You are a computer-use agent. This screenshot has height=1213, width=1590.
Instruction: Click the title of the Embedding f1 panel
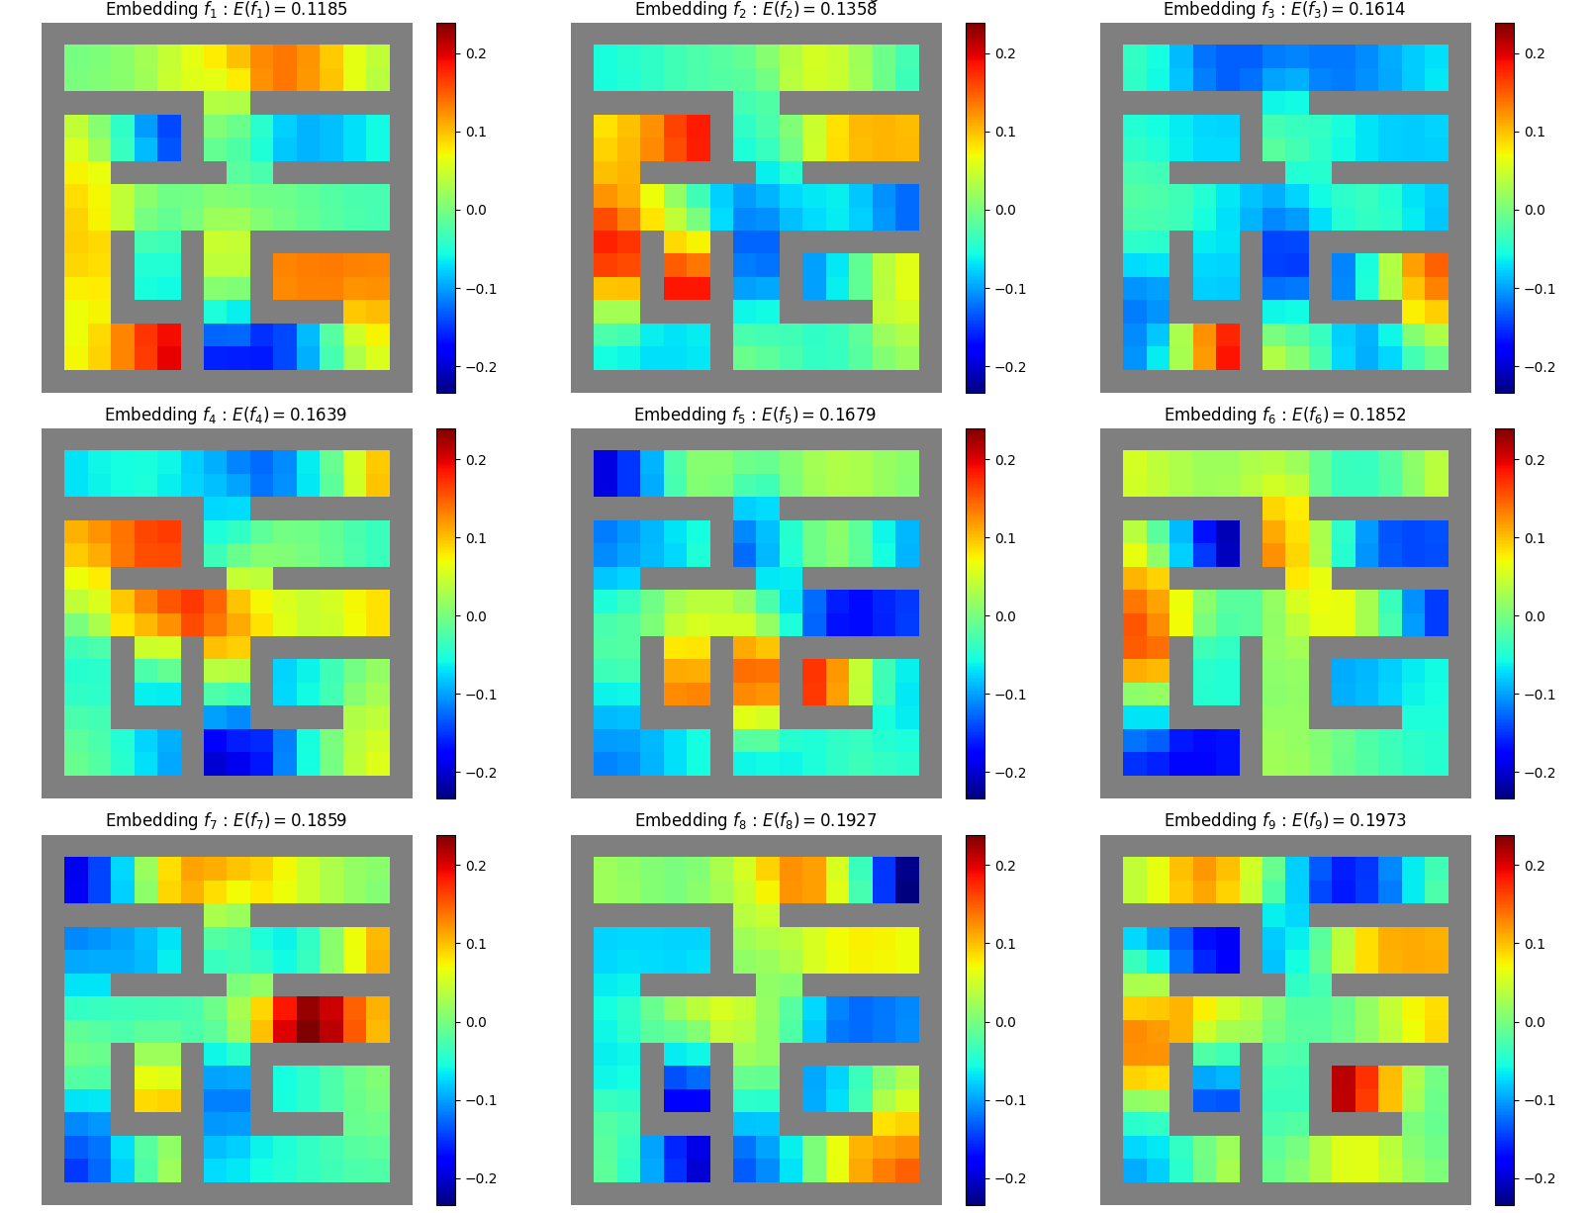click(x=227, y=10)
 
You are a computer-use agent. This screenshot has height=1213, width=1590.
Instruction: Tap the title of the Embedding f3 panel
click(x=1284, y=10)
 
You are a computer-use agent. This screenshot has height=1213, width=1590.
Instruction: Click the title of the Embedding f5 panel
click(x=755, y=416)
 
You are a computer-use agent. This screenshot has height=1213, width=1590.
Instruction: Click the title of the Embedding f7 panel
click(x=227, y=821)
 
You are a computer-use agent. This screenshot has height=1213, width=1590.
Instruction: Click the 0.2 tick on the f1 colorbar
click(x=476, y=53)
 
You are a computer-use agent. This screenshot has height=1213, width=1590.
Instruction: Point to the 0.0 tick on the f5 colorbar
click(x=1005, y=616)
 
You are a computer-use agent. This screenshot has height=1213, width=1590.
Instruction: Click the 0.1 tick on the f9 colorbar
click(x=1535, y=944)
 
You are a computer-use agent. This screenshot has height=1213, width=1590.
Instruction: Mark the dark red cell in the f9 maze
click(x=1343, y=1087)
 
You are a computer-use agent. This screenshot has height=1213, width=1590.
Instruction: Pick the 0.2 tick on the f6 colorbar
click(x=1535, y=460)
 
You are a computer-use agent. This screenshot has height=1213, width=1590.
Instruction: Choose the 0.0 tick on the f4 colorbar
click(x=476, y=616)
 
